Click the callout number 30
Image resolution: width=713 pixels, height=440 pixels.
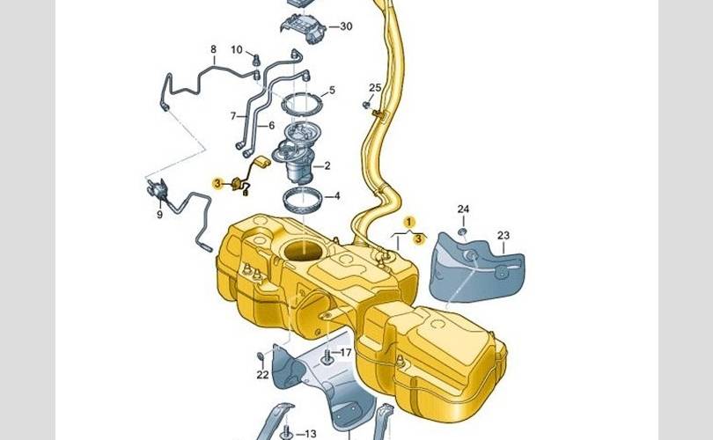[346, 26]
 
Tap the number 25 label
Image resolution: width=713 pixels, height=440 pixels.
[375, 87]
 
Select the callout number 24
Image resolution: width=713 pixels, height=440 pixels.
[463, 209]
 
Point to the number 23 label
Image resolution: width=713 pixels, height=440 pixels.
[504, 236]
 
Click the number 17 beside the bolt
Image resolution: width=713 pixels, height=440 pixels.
[346, 352]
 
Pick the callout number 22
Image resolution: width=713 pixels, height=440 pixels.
[263, 375]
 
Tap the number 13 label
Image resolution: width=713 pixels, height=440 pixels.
[310, 434]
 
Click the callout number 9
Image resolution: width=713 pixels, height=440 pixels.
[159, 214]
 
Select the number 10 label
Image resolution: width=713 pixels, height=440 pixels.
[237, 49]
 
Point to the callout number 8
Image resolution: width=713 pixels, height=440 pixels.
[213, 49]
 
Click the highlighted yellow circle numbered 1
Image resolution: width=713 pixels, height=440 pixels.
[409, 222]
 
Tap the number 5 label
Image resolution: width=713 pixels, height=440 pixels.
[332, 90]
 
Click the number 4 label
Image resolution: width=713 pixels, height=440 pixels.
[336, 196]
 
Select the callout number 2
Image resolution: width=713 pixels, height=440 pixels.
[327, 166]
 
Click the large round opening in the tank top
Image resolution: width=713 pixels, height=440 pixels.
[304, 251]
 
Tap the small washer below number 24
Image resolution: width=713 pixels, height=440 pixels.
[462, 232]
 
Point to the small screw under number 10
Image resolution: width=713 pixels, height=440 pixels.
[256, 59]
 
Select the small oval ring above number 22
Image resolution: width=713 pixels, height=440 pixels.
[261, 355]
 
